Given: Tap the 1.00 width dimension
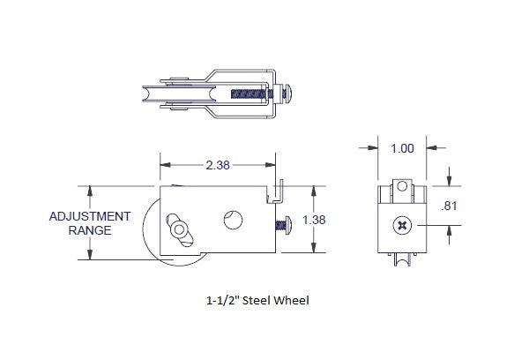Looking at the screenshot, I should coord(402,148).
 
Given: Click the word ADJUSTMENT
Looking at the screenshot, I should coord(90,216).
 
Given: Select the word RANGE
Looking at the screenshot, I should coord(90,230).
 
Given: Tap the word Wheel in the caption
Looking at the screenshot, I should coord(293,299).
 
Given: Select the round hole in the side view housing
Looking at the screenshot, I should coord(235,220).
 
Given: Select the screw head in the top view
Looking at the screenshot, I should coord(289,92).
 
